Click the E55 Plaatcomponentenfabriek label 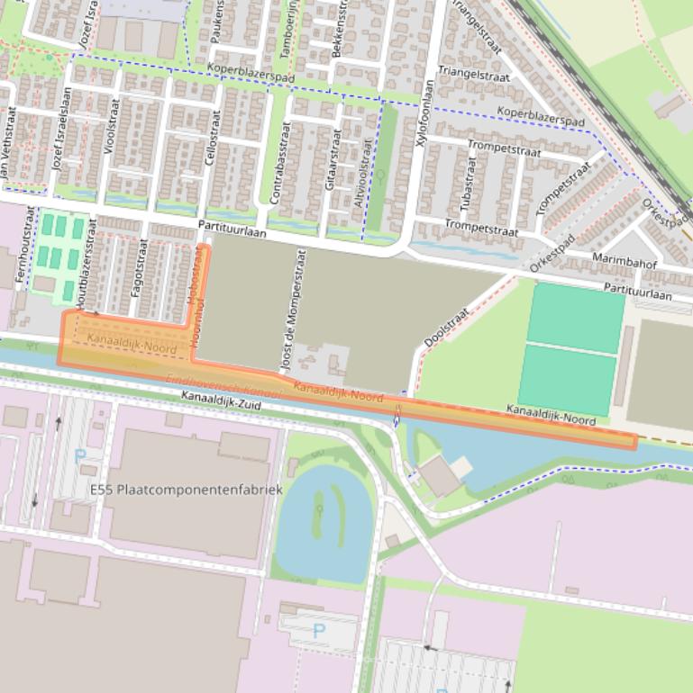click(187, 490)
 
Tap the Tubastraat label click(469, 185)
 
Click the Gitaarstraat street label click(331, 159)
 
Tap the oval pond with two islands click(324, 521)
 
